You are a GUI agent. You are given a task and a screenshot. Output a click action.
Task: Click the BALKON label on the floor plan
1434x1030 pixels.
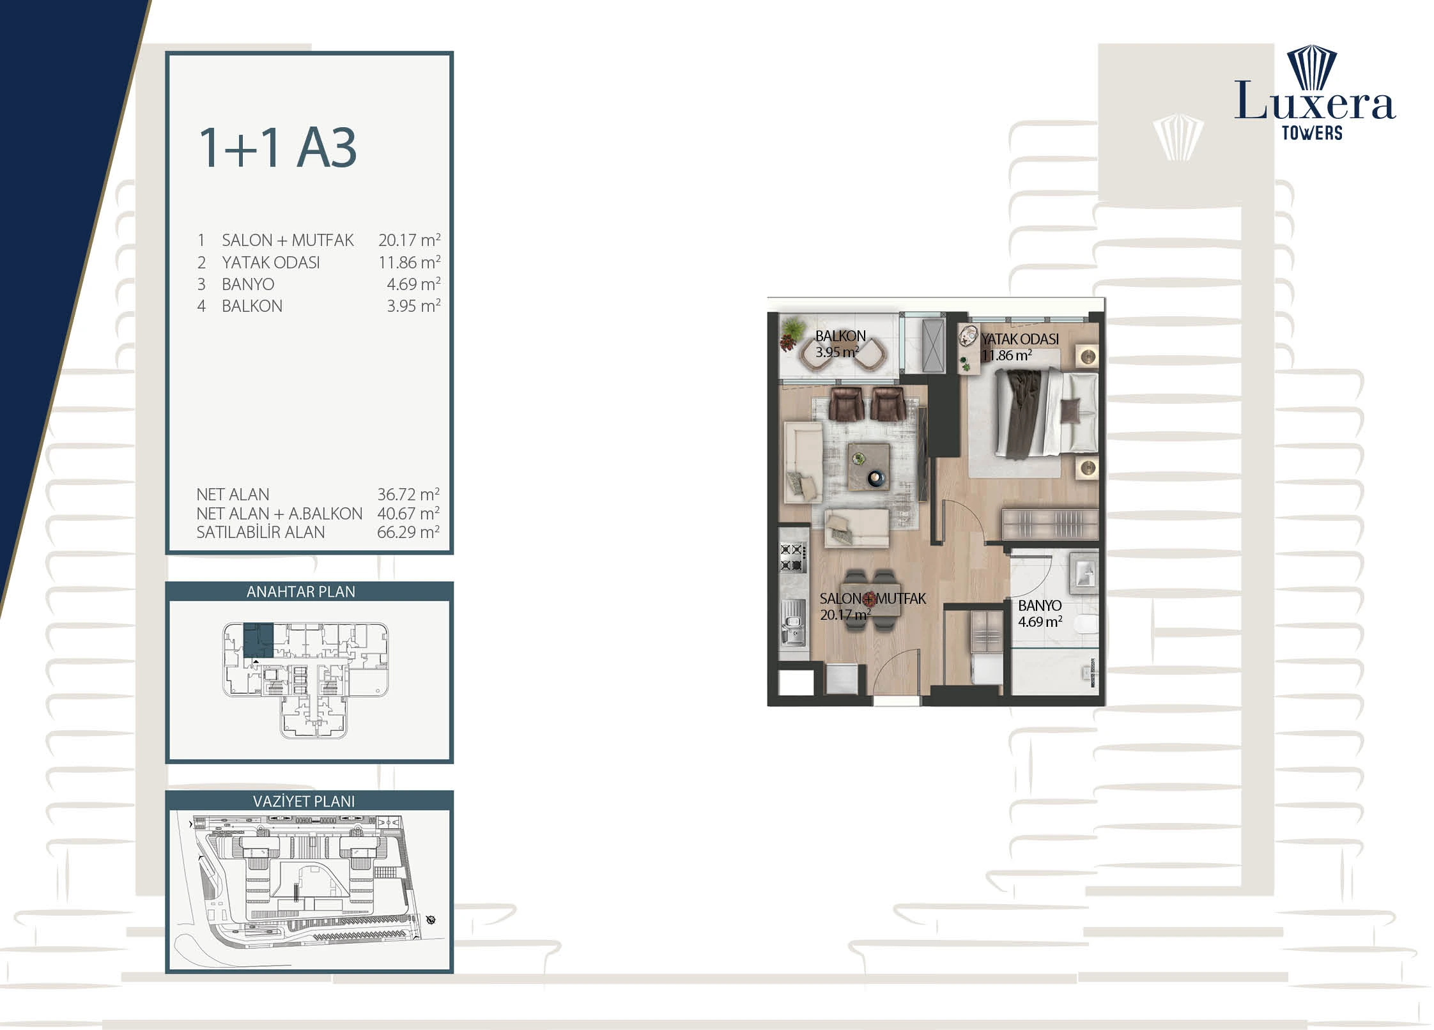click(x=840, y=336)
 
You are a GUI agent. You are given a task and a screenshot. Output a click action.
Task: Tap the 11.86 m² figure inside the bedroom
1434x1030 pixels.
click(x=1006, y=356)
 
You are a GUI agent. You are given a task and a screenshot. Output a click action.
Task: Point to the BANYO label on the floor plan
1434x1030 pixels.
click(x=1040, y=606)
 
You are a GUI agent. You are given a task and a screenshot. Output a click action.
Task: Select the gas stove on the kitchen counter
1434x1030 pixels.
click(x=792, y=557)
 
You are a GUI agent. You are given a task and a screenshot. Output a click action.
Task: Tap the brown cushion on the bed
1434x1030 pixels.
click(x=1070, y=410)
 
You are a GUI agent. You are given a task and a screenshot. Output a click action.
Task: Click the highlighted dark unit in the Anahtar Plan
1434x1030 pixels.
click(x=258, y=640)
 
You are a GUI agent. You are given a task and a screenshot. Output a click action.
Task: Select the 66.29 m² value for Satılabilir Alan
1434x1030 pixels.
click(x=408, y=532)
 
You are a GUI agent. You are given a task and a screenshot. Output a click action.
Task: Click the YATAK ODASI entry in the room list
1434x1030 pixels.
click(x=271, y=263)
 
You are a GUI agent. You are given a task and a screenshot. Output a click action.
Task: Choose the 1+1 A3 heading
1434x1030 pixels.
click(x=277, y=148)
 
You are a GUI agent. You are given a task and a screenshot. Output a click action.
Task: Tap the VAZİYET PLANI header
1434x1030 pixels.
click(x=304, y=801)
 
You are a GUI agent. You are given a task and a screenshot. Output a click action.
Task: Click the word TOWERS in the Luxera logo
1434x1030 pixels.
click(x=1312, y=133)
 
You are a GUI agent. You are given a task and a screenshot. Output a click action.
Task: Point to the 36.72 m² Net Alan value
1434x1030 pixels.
click(x=408, y=495)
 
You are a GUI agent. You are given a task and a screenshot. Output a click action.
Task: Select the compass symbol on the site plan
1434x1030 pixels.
click(x=431, y=920)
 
